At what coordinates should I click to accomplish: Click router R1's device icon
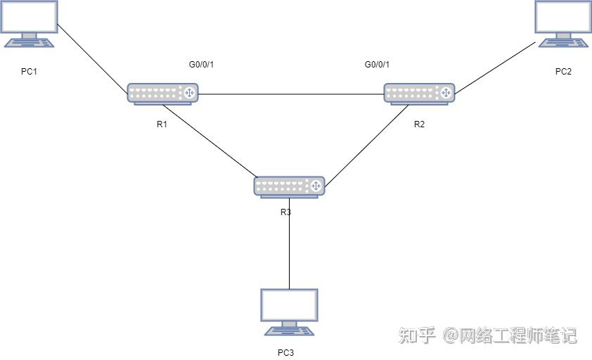click(x=162, y=93)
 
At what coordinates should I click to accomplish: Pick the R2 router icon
click(x=419, y=93)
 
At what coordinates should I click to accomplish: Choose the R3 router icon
click(x=289, y=186)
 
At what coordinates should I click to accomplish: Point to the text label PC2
click(x=563, y=71)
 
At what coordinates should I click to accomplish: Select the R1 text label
click(x=162, y=124)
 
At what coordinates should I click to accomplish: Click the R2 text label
click(x=419, y=124)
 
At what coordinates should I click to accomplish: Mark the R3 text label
click(x=285, y=212)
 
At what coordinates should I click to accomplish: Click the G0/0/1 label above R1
click(x=201, y=65)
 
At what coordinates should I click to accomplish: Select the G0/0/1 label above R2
click(x=377, y=65)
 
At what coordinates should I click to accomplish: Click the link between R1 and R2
click(x=291, y=94)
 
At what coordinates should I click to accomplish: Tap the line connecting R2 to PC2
click(x=495, y=68)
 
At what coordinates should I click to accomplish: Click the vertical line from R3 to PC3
click(x=289, y=246)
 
